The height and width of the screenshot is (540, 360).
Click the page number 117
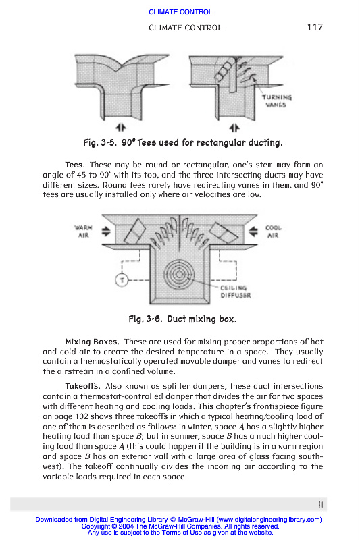(x=315, y=27)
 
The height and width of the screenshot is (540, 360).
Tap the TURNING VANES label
(x=277, y=101)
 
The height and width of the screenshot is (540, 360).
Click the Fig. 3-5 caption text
(x=183, y=142)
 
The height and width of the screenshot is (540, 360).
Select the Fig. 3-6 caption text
(x=182, y=319)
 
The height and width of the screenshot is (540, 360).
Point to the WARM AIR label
(x=83, y=232)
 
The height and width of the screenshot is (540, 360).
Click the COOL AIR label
(x=273, y=232)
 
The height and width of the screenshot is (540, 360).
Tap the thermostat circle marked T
(x=122, y=280)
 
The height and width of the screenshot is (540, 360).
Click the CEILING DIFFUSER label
(x=236, y=292)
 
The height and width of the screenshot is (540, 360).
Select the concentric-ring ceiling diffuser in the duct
(x=179, y=275)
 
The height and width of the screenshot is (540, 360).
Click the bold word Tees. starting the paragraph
(x=75, y=165)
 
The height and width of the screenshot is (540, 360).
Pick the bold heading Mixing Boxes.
(x=93, y=342)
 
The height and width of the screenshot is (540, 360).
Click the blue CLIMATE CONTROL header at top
(x=180, y=11)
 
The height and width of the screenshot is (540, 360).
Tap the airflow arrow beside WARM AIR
(x=106, y=232)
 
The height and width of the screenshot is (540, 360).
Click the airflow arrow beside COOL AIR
(x=253, y=232)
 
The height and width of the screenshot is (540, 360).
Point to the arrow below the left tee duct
(x=121, y=128)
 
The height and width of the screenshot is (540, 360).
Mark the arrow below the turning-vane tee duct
(x=234, y=128)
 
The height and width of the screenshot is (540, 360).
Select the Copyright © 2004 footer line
(x=180, y=526)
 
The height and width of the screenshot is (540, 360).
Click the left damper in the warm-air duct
(x=134, y=231)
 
